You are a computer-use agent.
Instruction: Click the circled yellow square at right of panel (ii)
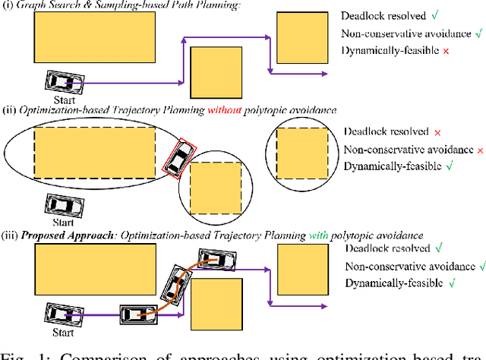pyautogui.click(x=302, y=153)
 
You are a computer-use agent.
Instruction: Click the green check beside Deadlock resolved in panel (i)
pyautogui.click(x=434, y=15)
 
